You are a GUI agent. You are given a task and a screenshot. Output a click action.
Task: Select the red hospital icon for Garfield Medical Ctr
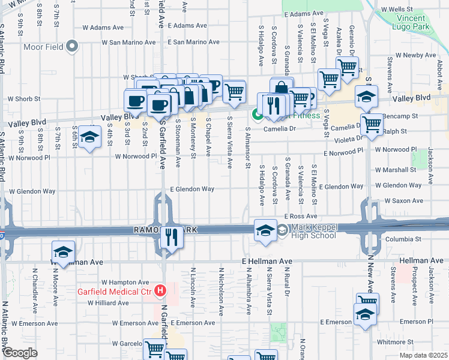[x=160, y=292]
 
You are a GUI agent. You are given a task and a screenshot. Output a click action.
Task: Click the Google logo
[x=20, y=353]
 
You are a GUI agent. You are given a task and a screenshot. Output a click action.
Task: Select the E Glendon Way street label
[x=191, y=188]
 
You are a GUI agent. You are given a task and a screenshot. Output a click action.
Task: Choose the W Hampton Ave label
[x=124, y=281]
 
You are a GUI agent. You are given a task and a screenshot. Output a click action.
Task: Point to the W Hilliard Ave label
[x=108, y=303]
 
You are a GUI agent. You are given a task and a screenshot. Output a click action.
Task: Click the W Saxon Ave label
[x=405, y=200]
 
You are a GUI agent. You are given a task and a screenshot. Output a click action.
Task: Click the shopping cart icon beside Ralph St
[x=372, y=124]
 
